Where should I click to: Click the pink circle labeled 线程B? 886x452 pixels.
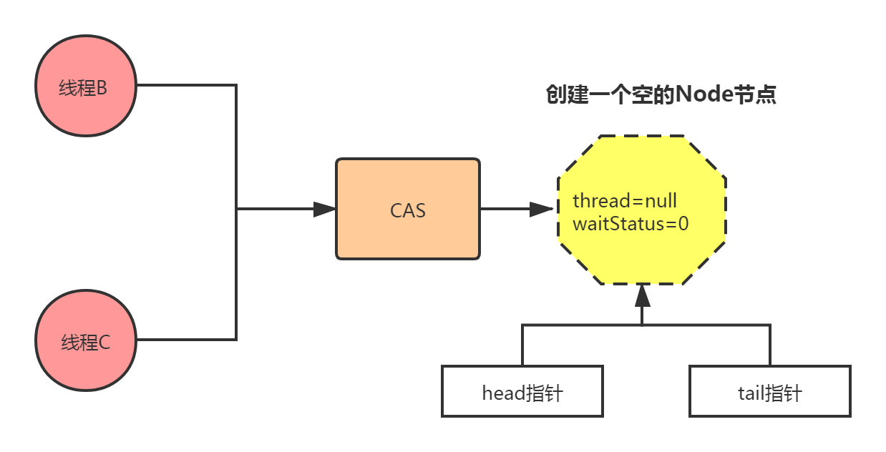[85, 85]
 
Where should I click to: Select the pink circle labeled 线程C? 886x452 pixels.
[85, 340]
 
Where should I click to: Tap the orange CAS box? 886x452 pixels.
[408, 209]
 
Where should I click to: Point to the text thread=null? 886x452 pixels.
[625, 201]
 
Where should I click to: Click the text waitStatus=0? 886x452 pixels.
[631, 224]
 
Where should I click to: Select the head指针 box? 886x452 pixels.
[522, 391]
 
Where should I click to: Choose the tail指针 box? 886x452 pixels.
[769, 391]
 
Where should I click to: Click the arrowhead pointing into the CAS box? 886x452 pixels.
[324, 210]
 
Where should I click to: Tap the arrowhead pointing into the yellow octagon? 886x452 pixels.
[542, 210]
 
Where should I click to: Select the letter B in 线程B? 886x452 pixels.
[102, 88]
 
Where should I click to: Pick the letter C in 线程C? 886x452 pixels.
[104, 343]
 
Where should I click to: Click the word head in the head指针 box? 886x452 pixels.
[504, 393]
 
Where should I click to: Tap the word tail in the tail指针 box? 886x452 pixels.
[751, 393]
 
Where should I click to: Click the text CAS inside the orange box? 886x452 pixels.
[408, 211]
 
